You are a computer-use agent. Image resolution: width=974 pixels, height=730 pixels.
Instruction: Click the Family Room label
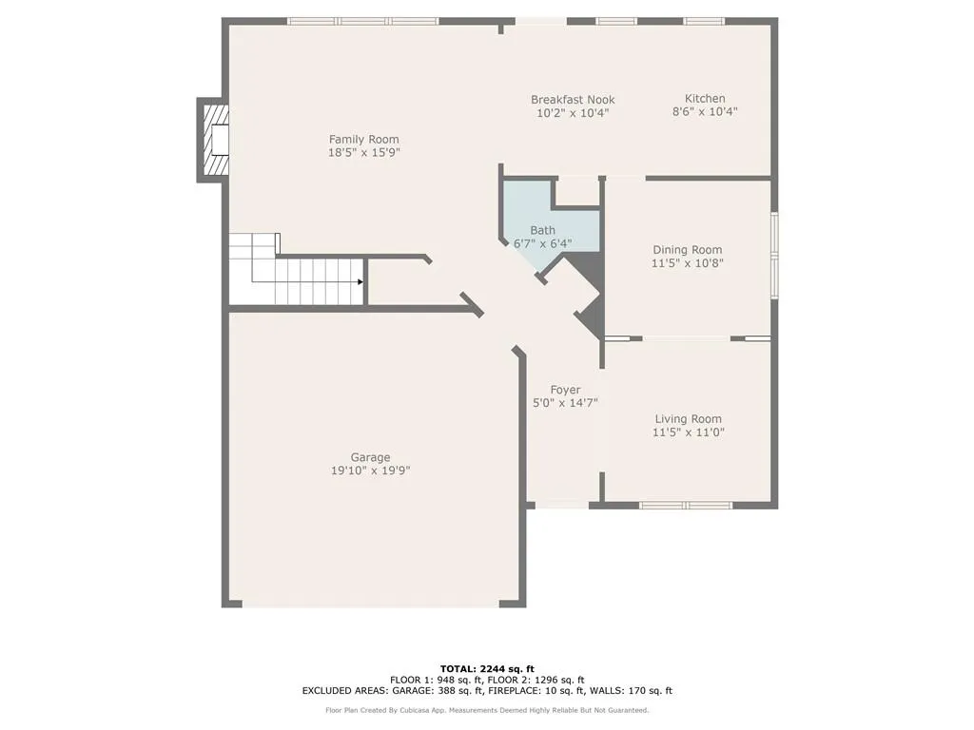click(x=363, y=140)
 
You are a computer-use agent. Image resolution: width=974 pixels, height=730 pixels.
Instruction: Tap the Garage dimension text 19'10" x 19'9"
click(x=370, y=471)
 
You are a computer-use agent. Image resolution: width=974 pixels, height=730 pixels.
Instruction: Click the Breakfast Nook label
click(x=573, y=99)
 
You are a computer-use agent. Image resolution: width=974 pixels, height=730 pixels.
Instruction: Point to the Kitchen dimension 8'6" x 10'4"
click(x=705, y=112)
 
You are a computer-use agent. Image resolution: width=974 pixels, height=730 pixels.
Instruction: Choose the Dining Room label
click(x=688, y=250)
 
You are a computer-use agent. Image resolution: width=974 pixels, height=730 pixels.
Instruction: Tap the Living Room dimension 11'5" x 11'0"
click(x=688, y=432)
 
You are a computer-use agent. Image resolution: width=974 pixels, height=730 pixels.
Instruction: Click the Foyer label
click(x=565, y=390)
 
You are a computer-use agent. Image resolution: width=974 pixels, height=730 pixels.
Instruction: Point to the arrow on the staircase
click(x=360, y=281)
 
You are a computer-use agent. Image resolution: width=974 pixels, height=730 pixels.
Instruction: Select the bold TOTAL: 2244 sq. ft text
click(x=487, y=668)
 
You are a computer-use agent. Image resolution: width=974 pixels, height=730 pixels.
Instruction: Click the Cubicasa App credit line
click(x=487, y=710)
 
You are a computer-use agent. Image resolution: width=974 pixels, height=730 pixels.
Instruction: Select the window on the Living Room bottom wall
click(x=685, y=506)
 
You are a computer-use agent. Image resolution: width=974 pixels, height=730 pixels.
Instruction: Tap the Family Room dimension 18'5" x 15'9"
click(x=364, y=152)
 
